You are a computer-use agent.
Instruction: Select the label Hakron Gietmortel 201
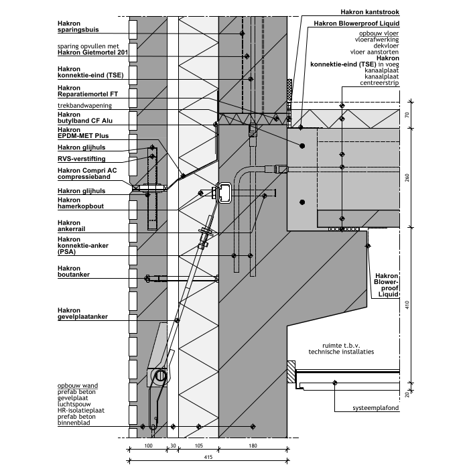[x=92, y=52]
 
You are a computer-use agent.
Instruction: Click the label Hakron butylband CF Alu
[x=87, y=118]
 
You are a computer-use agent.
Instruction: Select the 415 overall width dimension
[x=208, y=457]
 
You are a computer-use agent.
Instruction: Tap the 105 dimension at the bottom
[x=198, y=445]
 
